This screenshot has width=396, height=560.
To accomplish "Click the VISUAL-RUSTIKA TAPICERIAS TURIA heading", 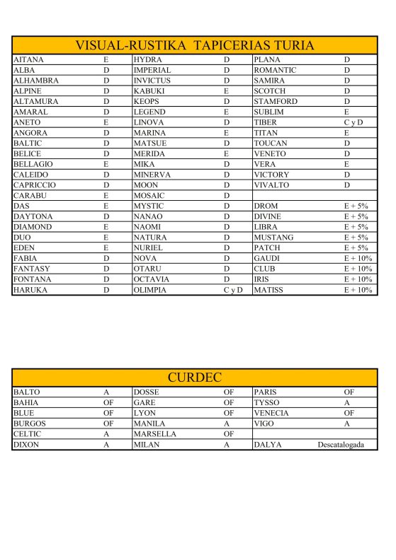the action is click(x=195, y=45).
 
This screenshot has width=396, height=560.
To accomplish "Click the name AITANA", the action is click(x=28, y=60).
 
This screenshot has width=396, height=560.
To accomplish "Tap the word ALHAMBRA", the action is click(x=35, y=81).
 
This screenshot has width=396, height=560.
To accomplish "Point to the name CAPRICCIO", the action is click(x=35, y=185).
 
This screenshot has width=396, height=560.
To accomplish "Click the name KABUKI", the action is click(x=149, y=91).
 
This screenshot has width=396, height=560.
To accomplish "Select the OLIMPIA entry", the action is click(x=150, y=290).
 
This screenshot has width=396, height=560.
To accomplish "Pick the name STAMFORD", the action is click(x=276, y=102).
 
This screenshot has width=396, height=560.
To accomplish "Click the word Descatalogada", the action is click(x=346, y=445).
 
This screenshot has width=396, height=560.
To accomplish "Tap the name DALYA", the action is click(x=268, y=445).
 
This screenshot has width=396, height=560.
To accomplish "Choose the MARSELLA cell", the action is click(x=154, y=434).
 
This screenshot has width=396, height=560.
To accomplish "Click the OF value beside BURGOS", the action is click(x=108, y=424).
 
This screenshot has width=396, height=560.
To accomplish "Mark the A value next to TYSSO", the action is click(x=348, y=402).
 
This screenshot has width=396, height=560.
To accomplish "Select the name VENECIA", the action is click(x=271, y=413).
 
